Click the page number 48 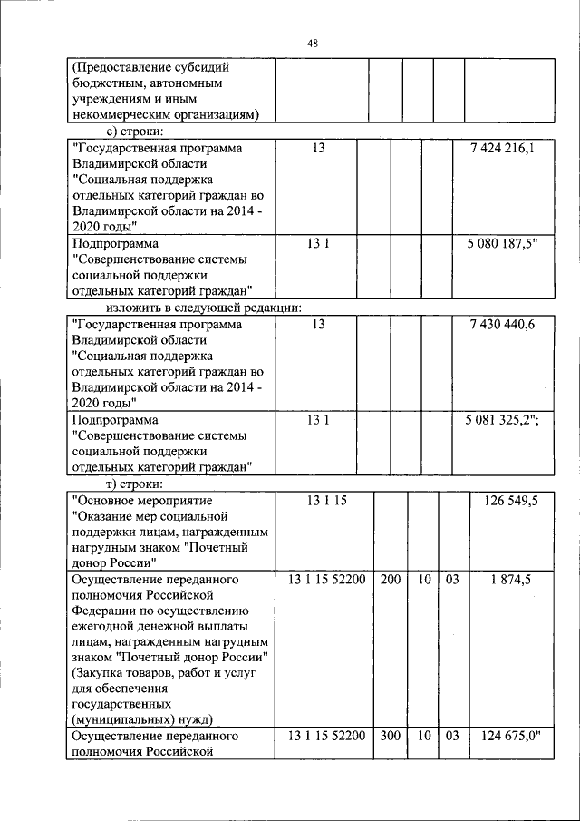pos(312,43)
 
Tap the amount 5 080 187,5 pos(501,244)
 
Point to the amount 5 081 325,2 pos(503,421)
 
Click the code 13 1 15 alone pos(326,500)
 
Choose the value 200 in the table pos(391,579)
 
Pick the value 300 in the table pos(391,736)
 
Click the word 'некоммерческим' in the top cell pos(115,114)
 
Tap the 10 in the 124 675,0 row pos(422,736)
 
